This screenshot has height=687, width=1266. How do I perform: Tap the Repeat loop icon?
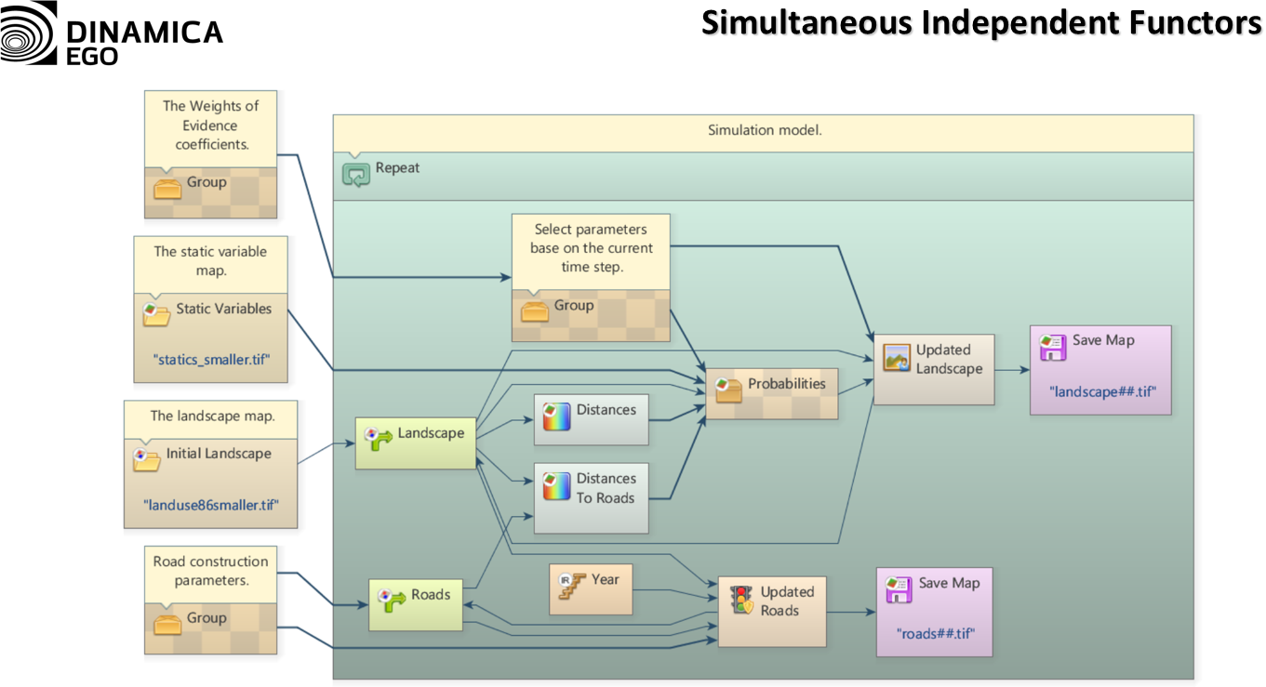(356, 172)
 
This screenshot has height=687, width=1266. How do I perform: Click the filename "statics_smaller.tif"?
(211, 359)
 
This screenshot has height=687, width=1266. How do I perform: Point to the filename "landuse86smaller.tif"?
(211, 504)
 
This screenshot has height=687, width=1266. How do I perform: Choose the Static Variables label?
(223, 309)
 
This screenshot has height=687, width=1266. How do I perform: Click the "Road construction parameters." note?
(210, 571)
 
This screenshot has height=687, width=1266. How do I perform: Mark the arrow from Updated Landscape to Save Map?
(1012, 369)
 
